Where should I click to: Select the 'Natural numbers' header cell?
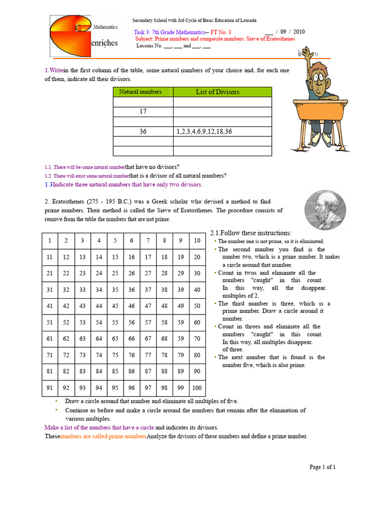pos(143,92)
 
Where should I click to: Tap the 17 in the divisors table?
pos(143,112)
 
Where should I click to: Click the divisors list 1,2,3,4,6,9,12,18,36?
pos(204,132)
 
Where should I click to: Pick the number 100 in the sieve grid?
pos(197,388)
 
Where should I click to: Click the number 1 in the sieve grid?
pos(50,241)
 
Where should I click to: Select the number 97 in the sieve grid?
pos(148,388)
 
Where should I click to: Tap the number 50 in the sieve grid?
pos(197,306)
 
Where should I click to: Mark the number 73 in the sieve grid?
pos(82,355)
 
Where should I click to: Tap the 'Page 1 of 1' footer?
pos(322,467)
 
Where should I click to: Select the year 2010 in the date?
pos(299,32)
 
